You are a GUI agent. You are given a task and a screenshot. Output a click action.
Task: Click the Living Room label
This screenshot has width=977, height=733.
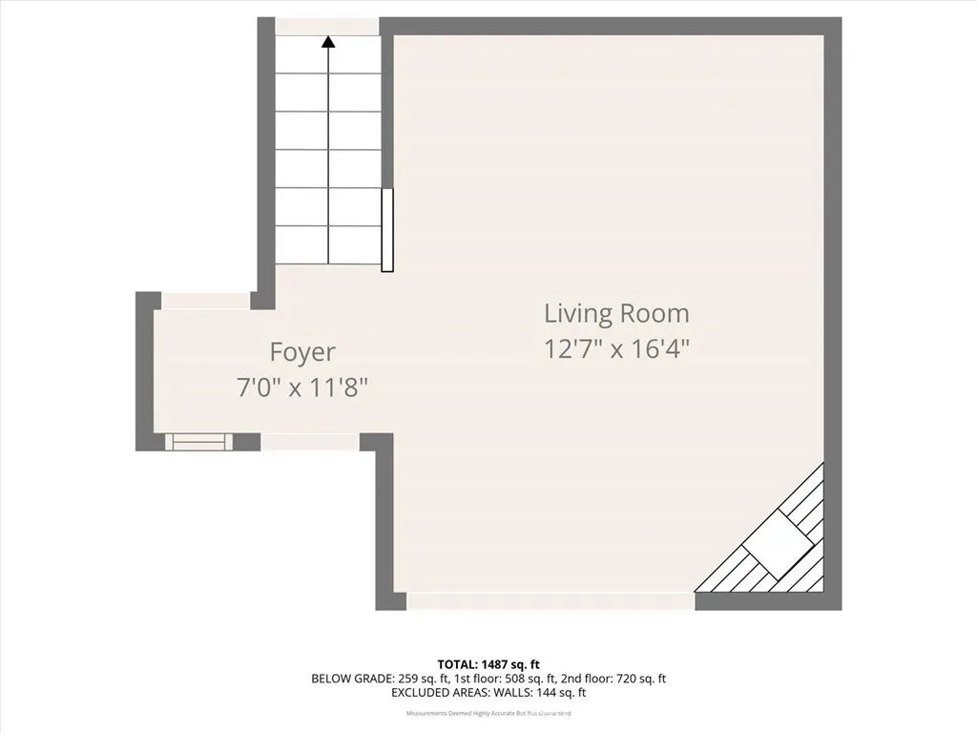coord(616,313)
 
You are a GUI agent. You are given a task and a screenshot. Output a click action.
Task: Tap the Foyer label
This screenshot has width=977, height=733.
coord(302,352)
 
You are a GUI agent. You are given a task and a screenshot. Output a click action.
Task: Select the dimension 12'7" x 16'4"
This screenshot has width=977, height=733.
coord(616,348)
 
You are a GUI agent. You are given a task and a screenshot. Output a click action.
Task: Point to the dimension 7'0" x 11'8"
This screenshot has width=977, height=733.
coord(302,387)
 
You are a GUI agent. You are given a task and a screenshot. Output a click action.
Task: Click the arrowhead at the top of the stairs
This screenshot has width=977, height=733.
coord(328,42)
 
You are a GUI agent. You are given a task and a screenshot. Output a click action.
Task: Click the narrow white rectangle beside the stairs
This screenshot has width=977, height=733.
coord(387,230)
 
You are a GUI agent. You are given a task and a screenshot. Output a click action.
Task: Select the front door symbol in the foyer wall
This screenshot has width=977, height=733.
coord(199,441)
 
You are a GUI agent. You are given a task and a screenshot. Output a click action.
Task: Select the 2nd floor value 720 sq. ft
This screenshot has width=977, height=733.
coord(633,680)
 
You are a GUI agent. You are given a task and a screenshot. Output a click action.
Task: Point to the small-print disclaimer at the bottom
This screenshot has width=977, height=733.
coord(488,713)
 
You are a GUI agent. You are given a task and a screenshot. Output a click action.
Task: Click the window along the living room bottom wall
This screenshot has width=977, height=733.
coord(551,601)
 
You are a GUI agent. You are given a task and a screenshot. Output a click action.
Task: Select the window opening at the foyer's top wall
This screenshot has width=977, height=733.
coord(205,301)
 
